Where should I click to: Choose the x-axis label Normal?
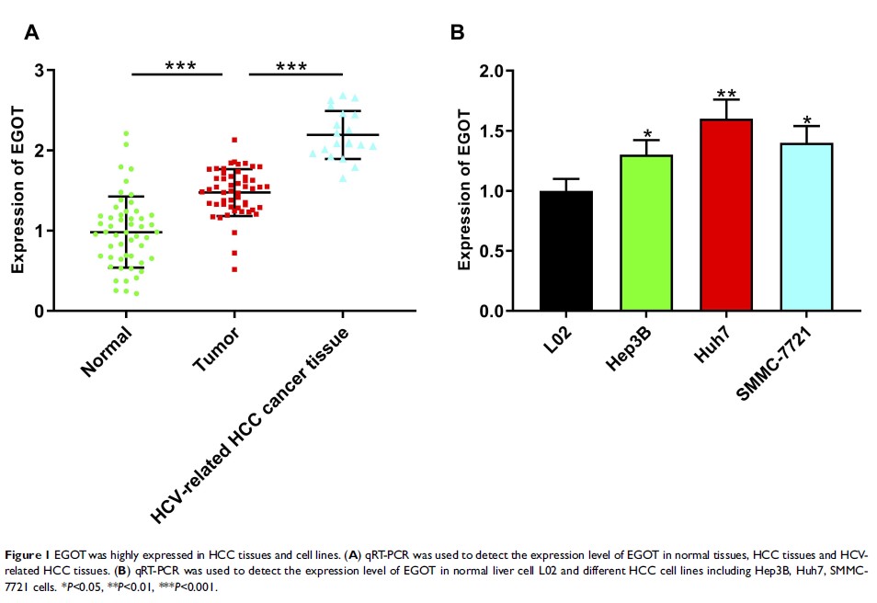coord(106,355)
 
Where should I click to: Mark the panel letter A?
coord(31,34)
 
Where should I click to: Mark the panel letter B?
coord(457,34)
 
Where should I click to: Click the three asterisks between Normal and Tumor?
coord(180,67)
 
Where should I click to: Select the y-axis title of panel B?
coord(464,190)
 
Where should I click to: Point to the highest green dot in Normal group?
coord(126,133)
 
